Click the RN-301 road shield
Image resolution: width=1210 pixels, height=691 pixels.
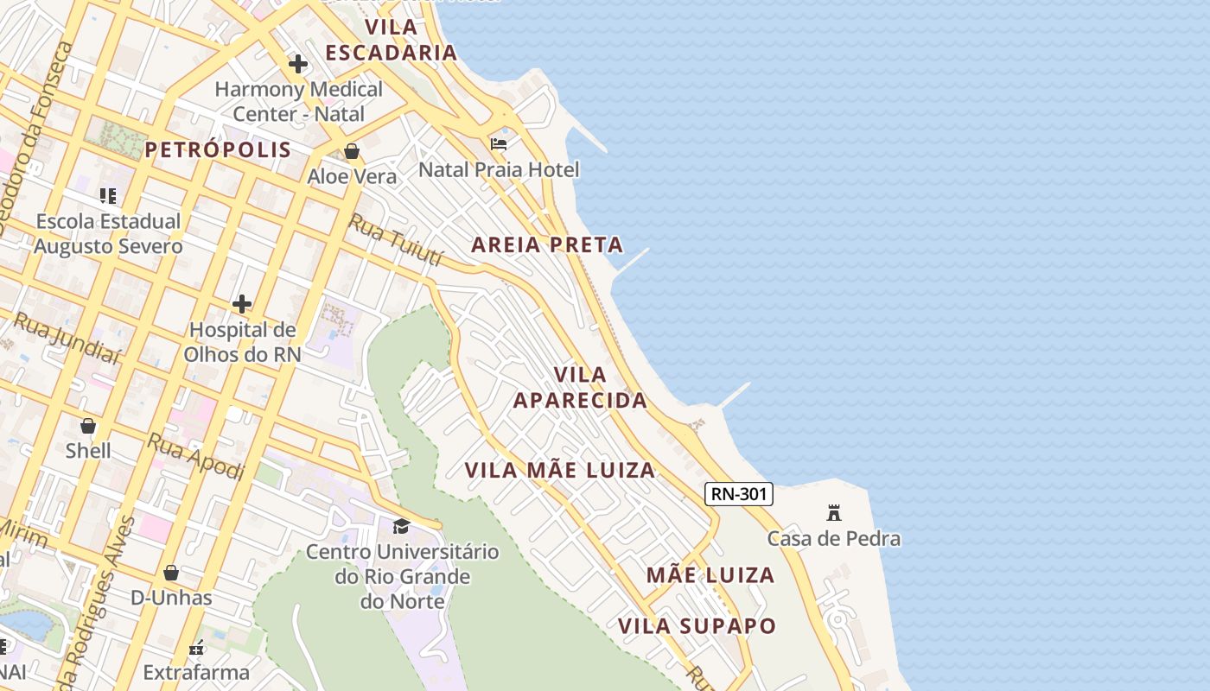coord(738,494)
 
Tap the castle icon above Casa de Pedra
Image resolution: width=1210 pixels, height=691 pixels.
coord(834,512)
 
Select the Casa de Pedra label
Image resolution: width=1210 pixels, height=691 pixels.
coord(834,539)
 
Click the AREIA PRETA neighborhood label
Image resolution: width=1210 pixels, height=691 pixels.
coord(547,245)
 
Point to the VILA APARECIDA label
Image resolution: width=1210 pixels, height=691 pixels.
coord(580,388)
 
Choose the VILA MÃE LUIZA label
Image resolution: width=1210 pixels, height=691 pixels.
coord(560,471)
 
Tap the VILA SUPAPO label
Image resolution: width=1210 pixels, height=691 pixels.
coord(697,626)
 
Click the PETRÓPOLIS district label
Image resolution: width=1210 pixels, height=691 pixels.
coord(218,150)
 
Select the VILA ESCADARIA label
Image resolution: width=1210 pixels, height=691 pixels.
coord(391,40)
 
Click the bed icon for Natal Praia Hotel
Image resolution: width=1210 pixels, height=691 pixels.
coord(499,143)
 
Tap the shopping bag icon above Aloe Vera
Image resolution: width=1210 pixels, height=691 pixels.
coord(352,152)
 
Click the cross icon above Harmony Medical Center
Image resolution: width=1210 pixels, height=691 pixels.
coord(298,64)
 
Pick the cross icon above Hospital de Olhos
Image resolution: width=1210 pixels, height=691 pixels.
coord(242,304)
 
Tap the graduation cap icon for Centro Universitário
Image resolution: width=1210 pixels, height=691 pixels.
coord(402,526)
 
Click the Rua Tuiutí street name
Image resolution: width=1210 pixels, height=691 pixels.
coord(396,241)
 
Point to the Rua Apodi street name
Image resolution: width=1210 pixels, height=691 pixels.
coord(195,456)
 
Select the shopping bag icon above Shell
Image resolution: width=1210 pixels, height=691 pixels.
coord(88,426)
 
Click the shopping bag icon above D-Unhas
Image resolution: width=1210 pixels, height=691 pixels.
coord(171,573)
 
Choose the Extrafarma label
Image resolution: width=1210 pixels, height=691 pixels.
coord(196,672)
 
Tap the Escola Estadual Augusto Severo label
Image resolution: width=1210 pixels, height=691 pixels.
coord(109,234)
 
